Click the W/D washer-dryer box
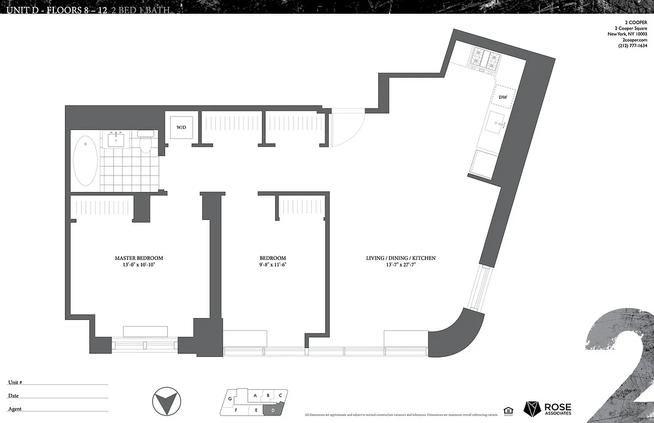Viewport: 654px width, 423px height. tap(181, 127)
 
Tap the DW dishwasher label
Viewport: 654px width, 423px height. tap(503, 98)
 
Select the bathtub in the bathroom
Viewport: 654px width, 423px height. tap(85, 161)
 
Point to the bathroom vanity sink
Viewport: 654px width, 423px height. tap(116, 140)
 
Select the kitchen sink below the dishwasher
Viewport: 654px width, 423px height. tap(497, 124)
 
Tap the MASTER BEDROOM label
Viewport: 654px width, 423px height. tap(139, 258)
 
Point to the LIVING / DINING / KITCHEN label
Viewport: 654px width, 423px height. tap(401, 258)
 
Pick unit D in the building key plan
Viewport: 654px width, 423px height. tap(273, 410)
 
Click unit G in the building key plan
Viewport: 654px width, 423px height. tap(230, 399)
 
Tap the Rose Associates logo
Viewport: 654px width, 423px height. tap(547, 409)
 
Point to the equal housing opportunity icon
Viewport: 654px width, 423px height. tap(508, 410)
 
